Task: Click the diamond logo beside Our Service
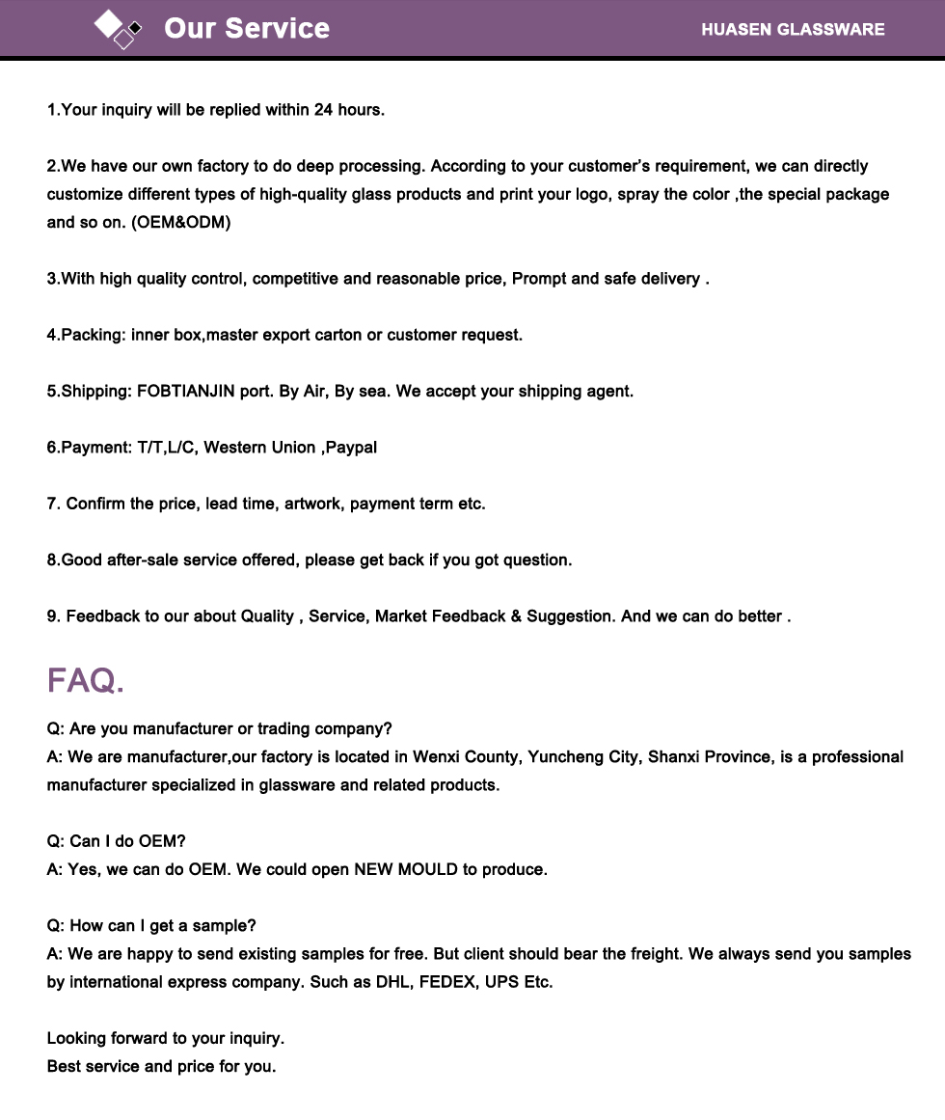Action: [118, 28]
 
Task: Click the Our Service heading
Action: [247, 29]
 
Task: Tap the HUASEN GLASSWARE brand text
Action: [793, 29]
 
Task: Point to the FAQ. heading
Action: [86, 680]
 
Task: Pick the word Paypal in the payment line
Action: [351, 448]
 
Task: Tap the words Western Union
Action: [259, 448]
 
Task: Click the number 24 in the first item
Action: [323, 110]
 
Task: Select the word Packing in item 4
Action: [92, 335]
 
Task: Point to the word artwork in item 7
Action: [312, 504]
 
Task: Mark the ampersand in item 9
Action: [517, 616]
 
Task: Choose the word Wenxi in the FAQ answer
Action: [436, 757]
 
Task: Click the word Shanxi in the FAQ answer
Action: [673, 757]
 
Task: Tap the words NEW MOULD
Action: [405, 869]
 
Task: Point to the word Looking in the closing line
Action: [78, 1038]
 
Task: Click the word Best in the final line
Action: [64, 1066]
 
